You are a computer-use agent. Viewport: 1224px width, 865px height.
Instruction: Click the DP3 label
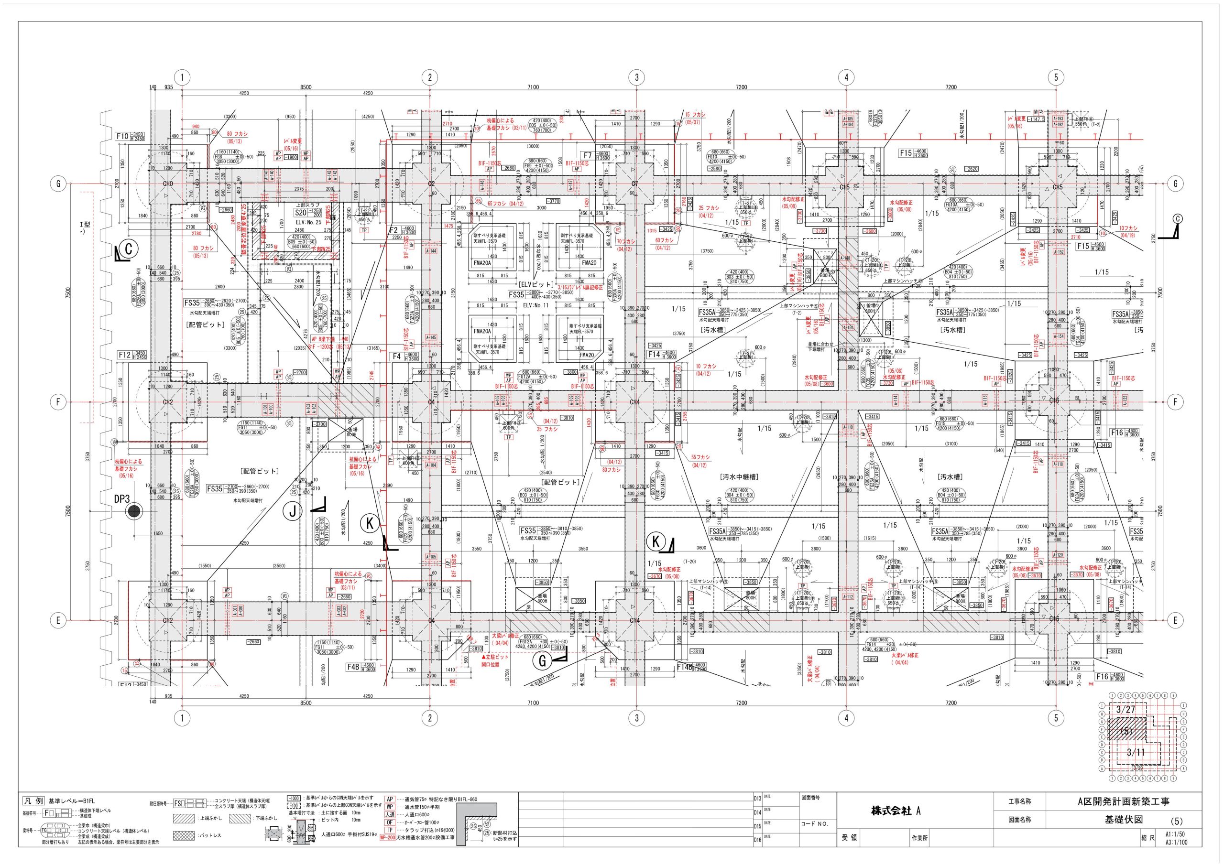pos(122,499)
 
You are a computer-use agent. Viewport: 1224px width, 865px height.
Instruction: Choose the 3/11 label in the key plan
pos(1136,768)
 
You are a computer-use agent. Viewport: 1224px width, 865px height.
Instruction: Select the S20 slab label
pos(301,212)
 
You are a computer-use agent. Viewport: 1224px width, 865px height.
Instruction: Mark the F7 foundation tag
pos(588,156)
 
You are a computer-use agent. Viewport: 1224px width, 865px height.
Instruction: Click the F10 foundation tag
pos(122,136)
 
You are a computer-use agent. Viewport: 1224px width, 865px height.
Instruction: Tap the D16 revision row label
pos(757,841)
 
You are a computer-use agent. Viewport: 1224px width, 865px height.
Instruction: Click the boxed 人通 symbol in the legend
pos(390,830)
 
